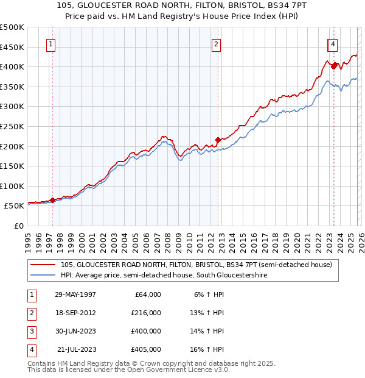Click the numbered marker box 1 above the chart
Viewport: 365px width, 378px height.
click(x=51, y=44)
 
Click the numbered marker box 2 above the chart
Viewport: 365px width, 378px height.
click(x=217, y=44)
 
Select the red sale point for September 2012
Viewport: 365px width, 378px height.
click(x=217, y=140)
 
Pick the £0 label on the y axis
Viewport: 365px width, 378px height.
click(x=19, y=226)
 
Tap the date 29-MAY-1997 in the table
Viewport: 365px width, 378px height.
click(x=75, y=294)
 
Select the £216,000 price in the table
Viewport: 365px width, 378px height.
click(x=146, y=313)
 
